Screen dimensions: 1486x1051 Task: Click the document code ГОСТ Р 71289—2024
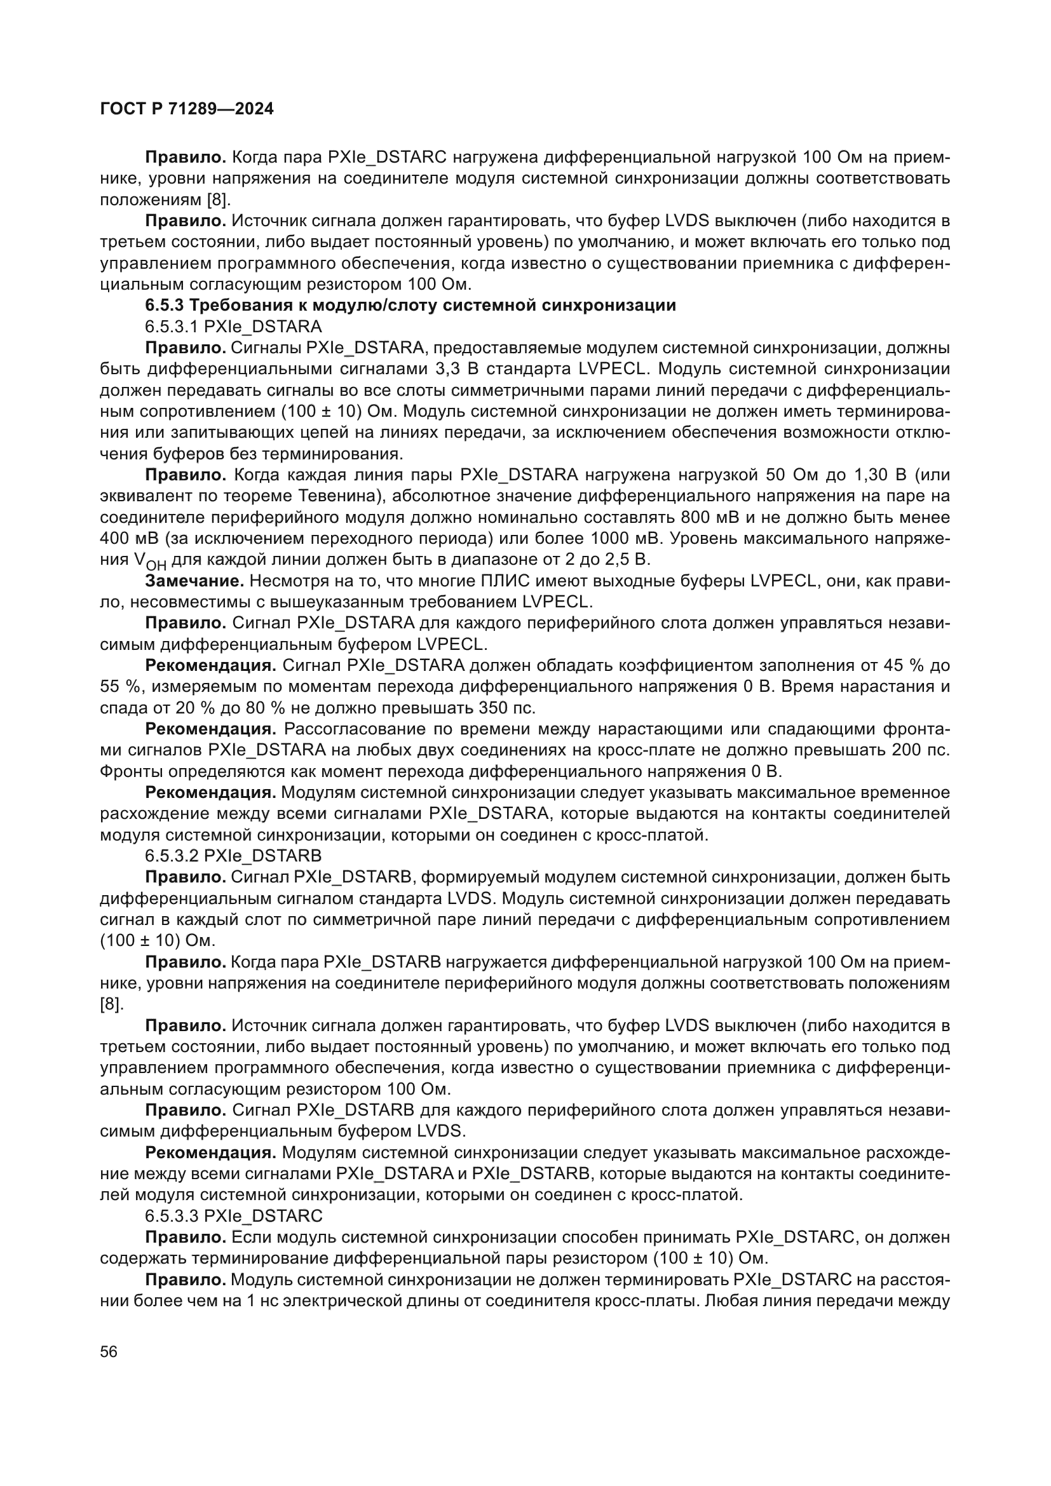click(x=187, y=109)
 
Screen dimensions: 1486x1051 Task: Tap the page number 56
click(x=109, y=1352)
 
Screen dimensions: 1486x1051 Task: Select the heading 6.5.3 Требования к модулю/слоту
click(x=410, y=306)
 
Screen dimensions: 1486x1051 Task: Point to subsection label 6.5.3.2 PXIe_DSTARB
click(x=233, y=856)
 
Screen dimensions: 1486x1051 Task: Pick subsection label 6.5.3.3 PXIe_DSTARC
click(x=233, y=1215)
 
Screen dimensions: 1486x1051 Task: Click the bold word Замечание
click(x=194, y=581)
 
